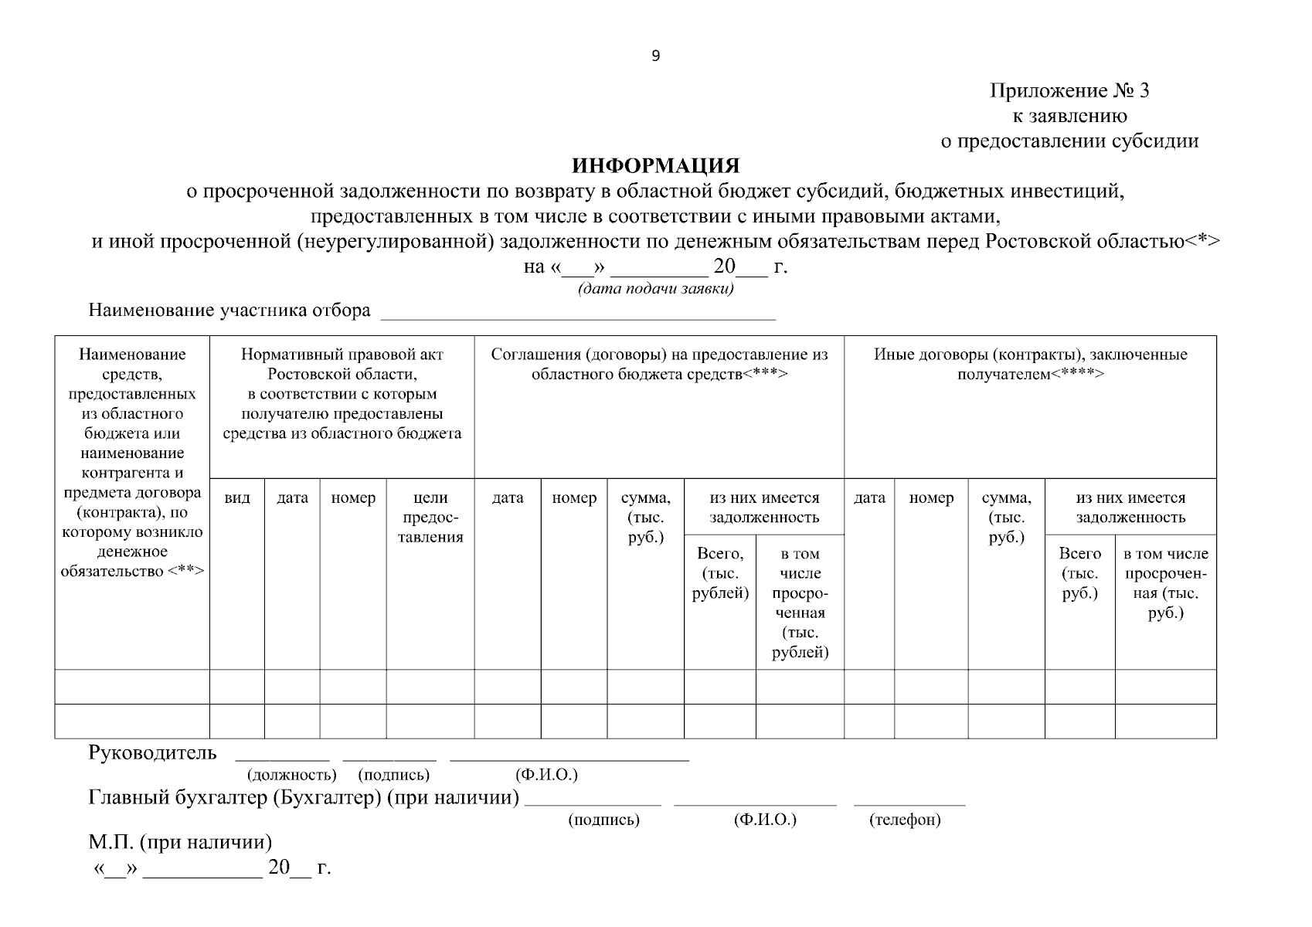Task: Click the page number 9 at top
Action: pos(655,56)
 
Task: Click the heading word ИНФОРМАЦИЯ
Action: pos(655,165)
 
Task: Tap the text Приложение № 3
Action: pos(1069,91)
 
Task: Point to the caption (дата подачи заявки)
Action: pos(655,289)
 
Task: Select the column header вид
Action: pos(237,498)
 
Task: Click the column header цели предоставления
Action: pos(430,518)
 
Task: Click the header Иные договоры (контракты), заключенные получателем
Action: pos(1030,364)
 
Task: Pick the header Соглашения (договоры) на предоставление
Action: pos(659,364)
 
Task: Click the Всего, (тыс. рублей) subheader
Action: pos(720,573)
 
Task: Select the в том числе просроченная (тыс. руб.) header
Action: pos(1165,583)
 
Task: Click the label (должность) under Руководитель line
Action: pos(291,775)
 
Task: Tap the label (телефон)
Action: pos(905,820)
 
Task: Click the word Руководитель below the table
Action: pos(153,753)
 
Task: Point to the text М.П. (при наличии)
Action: pos(180,842)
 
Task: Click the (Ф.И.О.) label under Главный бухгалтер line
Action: pos(765,820)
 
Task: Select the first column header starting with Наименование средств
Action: pos(132,462)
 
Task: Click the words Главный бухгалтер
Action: pos(178,797)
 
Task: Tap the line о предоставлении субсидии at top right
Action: pos(1069,141)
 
